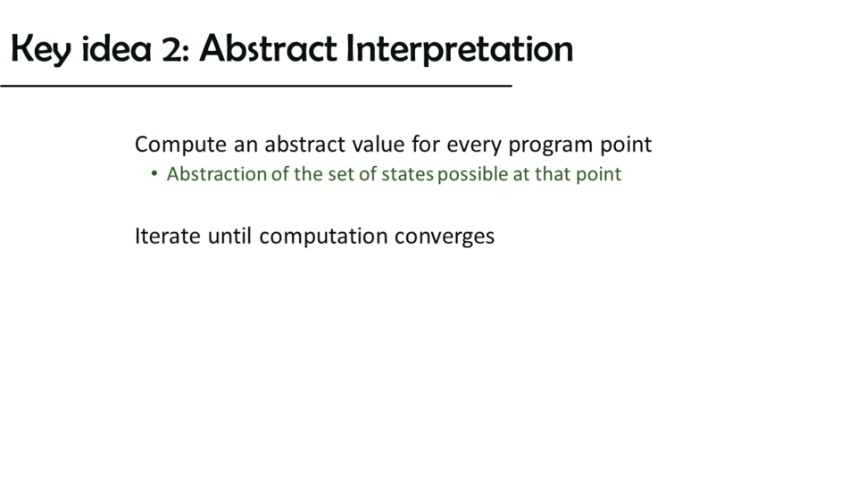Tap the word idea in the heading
116,48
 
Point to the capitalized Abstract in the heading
269,48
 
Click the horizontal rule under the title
256,86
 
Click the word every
474,145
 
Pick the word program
551,145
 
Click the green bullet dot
154,174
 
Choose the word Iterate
168,236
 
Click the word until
229,236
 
